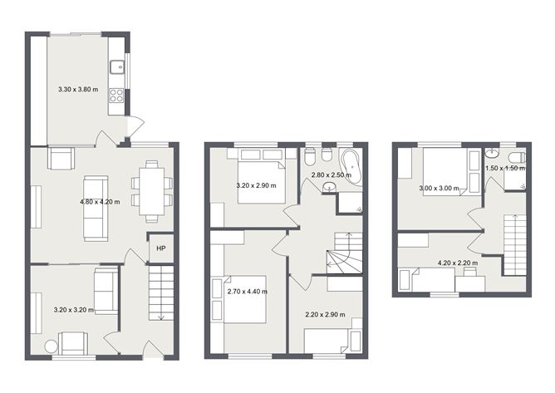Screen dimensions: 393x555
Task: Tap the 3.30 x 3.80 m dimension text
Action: pyautogui.click(x=77, y=88)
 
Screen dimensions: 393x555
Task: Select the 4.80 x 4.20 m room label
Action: pyautogui.click(x=100, y=202)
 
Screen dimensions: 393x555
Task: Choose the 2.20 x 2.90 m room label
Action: pyautogui.click(x=325, y=315)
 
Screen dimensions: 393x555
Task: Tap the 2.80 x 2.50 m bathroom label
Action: pyautogui.click(x=331, y=175)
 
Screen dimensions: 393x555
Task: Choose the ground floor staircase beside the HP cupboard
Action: pyautogui.click(x=160, y=292)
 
